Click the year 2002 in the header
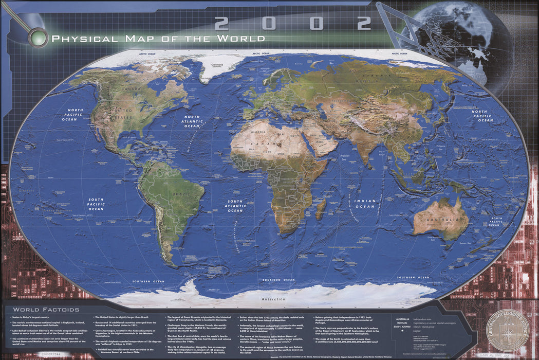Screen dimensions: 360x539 pyautogui.click(x=293, y=23)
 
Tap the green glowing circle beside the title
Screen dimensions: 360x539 pyautogui.click(x=39, y=38)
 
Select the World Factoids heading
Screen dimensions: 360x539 pyautogui.click(x=46, y=310)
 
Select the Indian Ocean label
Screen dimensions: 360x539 pyautogui.click(x=365, y=204)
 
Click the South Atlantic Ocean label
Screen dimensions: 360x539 pyautogui.click(x=235, y=206)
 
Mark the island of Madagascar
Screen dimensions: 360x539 pyautogui.click(x=320, y=209)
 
